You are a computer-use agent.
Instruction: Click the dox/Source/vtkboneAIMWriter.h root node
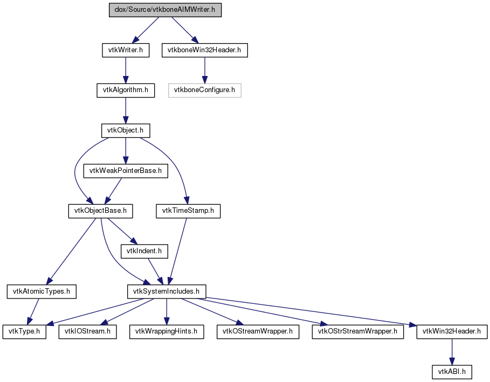tap(165, 10)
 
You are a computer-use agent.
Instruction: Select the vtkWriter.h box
tap(126, 50)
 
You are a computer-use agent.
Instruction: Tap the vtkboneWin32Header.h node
tap(205, 50)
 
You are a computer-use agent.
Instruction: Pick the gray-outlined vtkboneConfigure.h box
tap(205, 91)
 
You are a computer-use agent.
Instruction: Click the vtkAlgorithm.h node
tap(126, 91)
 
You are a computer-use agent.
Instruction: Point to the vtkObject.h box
tap(126, 130)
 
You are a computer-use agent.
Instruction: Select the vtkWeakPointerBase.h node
tap(126, 171)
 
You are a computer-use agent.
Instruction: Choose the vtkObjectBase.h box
tap(101, 211)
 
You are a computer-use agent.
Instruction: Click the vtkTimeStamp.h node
tap(188, 211)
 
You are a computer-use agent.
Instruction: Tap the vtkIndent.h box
tap(144, 252)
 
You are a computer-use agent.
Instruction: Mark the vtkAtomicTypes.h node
tap(42, 291)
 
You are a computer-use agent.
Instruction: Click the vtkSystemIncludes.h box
tap(167, 291)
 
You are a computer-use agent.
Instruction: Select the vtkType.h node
tap(24, 332)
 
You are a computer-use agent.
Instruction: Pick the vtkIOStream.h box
tap(88, 332)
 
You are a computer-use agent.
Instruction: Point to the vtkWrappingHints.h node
tap(167, 332)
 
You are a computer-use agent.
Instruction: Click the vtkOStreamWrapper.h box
tap(258, 332)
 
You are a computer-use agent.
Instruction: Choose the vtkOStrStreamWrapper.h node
tap(358, 332)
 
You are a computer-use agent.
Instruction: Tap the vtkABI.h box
tap(452, 372)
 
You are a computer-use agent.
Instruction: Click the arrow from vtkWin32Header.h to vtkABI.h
tap(452, 352)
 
